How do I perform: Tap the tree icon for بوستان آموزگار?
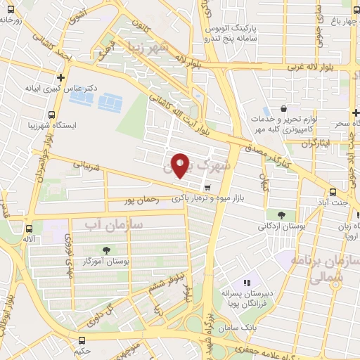click(106, 250)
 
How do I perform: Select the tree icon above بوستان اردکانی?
click(282, 215)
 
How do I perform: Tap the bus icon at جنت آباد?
click(333, 193)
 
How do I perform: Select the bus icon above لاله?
click(29, 229)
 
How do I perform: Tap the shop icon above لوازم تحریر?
click(283, 109)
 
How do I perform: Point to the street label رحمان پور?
click(141, 200)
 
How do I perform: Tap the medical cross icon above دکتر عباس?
click(61, 78)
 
